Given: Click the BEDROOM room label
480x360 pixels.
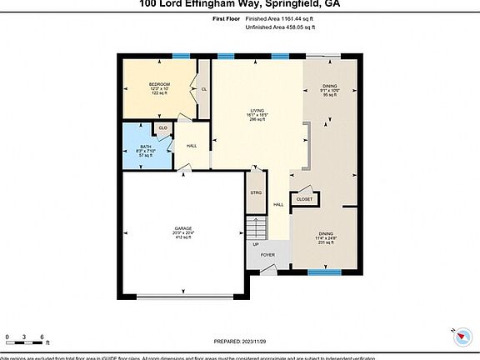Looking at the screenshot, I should coord(160,84).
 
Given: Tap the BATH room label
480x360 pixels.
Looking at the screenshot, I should coord(145,146).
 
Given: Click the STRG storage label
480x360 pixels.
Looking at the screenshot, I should coord(256,193).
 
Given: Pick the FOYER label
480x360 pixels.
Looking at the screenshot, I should coord(267,254).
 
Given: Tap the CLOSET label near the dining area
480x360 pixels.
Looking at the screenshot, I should coord(305,199).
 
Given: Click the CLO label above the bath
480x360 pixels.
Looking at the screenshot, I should coord(162,127).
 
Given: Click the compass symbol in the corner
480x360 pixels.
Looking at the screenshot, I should coord(462,335).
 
